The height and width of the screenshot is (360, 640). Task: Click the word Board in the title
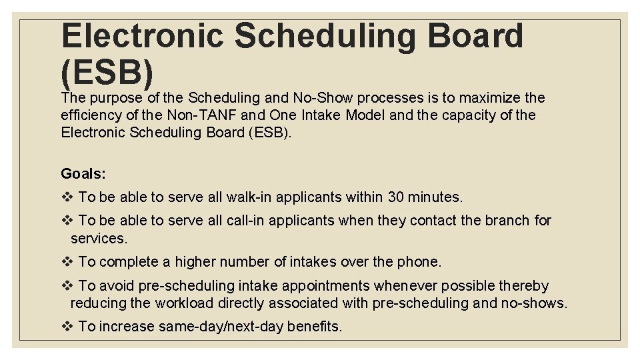[476, 35]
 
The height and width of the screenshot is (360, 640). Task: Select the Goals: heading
[83, 174]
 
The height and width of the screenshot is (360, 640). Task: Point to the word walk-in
[249, 197]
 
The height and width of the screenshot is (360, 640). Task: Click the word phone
[419, 262]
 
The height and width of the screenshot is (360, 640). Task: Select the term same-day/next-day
[221, 327]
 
